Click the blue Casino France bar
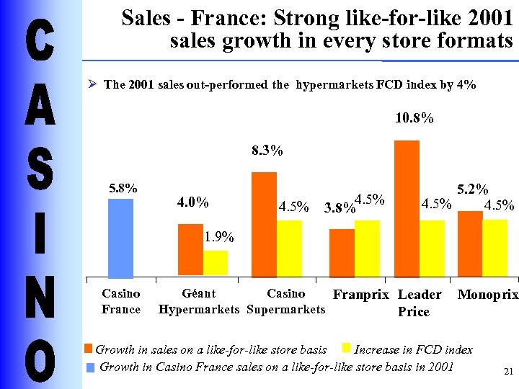(120, 238)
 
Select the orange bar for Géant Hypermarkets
(190, 250)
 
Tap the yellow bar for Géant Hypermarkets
(216, 263)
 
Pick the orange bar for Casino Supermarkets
(264, 224)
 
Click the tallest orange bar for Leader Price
(407, 208)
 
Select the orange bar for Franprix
(342, 253)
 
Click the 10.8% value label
(414, 117)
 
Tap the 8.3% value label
(267, 151)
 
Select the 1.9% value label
(218, 237)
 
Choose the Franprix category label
(360, 295)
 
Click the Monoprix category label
(488, 295)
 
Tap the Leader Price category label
(419, 303)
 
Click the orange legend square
(89, 349)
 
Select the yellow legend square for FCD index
(346, 349)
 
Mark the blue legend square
(90, 367)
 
